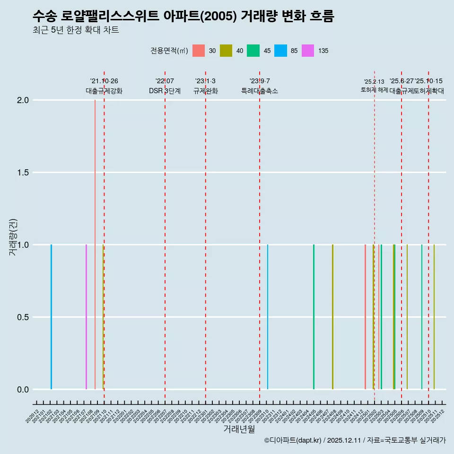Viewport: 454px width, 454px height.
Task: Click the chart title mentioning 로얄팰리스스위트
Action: [183, 17]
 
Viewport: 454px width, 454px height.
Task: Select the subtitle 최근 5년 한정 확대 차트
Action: [76, 30]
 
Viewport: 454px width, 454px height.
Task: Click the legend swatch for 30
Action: [199, 51]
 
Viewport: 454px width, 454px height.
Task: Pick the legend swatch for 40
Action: [226, 51]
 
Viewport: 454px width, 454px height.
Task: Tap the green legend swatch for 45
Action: [253, 51]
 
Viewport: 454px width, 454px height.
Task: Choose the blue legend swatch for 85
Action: [281, 51]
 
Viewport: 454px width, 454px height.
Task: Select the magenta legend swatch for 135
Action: [308, 51]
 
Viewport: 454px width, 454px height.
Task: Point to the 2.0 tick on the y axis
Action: [23, 100]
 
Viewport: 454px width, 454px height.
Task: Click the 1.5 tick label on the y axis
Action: [23, 173]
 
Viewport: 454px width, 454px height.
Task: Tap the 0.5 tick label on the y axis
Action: [23, 317]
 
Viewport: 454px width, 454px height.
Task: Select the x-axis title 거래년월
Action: [239, 429]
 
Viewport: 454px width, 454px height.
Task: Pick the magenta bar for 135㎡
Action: [86, 317]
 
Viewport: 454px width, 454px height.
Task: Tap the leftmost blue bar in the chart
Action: [51, 317]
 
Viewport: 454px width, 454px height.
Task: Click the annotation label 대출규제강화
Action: [104, 91]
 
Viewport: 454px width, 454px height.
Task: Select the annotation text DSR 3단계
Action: [165, 91]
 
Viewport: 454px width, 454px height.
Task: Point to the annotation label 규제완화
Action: [205, 91]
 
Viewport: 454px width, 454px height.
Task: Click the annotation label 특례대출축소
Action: [260, 91]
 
